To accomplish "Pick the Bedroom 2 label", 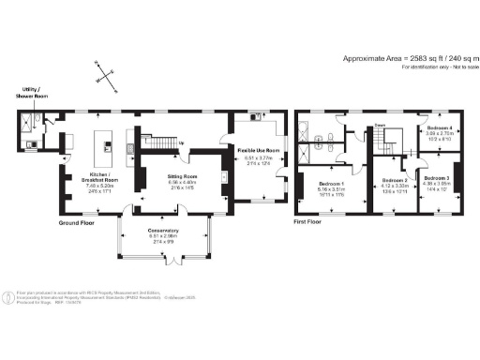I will click(x=393, y=179).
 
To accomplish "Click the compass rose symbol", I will click(x=104, y=72).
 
